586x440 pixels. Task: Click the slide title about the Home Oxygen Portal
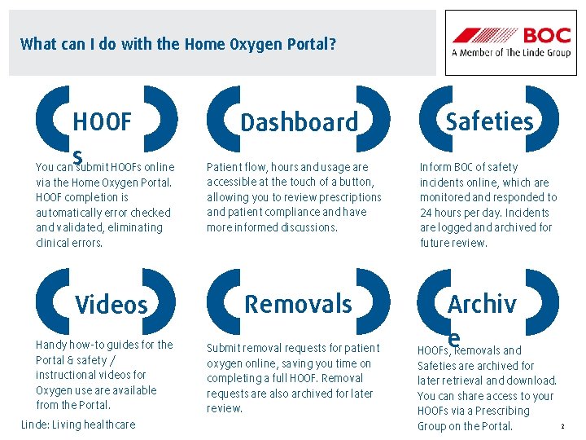(178, 44)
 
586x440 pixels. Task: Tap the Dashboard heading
(299, 122)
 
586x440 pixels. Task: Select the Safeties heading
(489, 121)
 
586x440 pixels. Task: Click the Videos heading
(112, 305)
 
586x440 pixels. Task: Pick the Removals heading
(298, 304)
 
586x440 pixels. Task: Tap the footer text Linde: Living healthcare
(78, 425)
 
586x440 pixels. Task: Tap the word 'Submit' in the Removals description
(225, 349)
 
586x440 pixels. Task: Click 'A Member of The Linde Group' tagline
(511, 54)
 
